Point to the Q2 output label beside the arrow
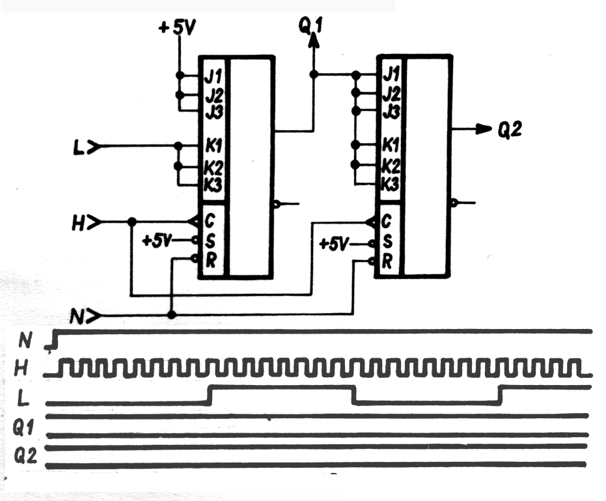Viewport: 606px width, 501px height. [510, 130]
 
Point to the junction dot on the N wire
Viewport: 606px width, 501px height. [171, 315]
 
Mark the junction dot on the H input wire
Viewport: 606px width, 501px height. [131, 222]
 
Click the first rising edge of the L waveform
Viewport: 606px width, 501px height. [210, 394]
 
